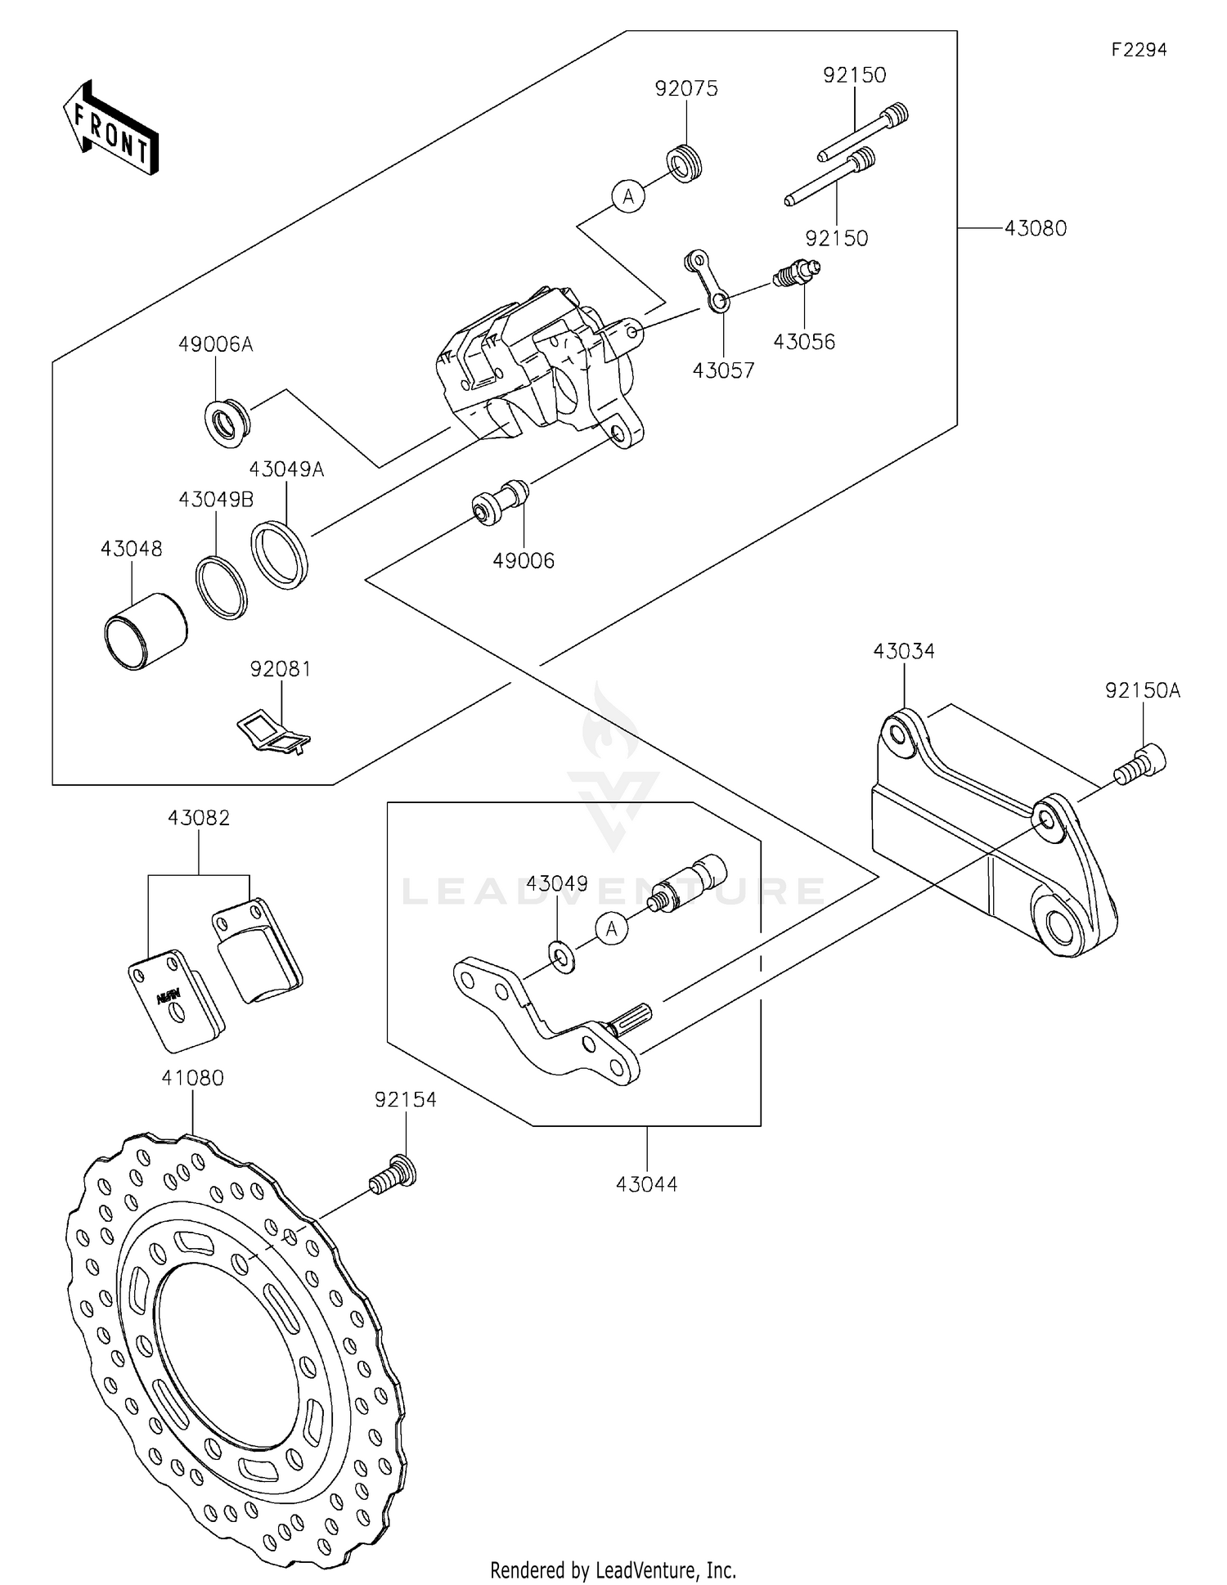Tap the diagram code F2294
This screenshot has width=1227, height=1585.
point(1139,50)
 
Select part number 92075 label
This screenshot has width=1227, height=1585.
point(686,88)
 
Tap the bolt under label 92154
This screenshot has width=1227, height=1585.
point(393,1175)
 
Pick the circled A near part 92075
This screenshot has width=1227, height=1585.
point(628,196)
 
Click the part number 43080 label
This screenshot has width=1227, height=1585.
point(1036,228)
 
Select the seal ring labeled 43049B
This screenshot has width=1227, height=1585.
point(222,587)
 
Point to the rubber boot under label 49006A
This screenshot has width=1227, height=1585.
point(227,423)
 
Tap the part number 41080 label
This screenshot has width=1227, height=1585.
point(192,1078)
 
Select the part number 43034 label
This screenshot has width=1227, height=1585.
point(904,651)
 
